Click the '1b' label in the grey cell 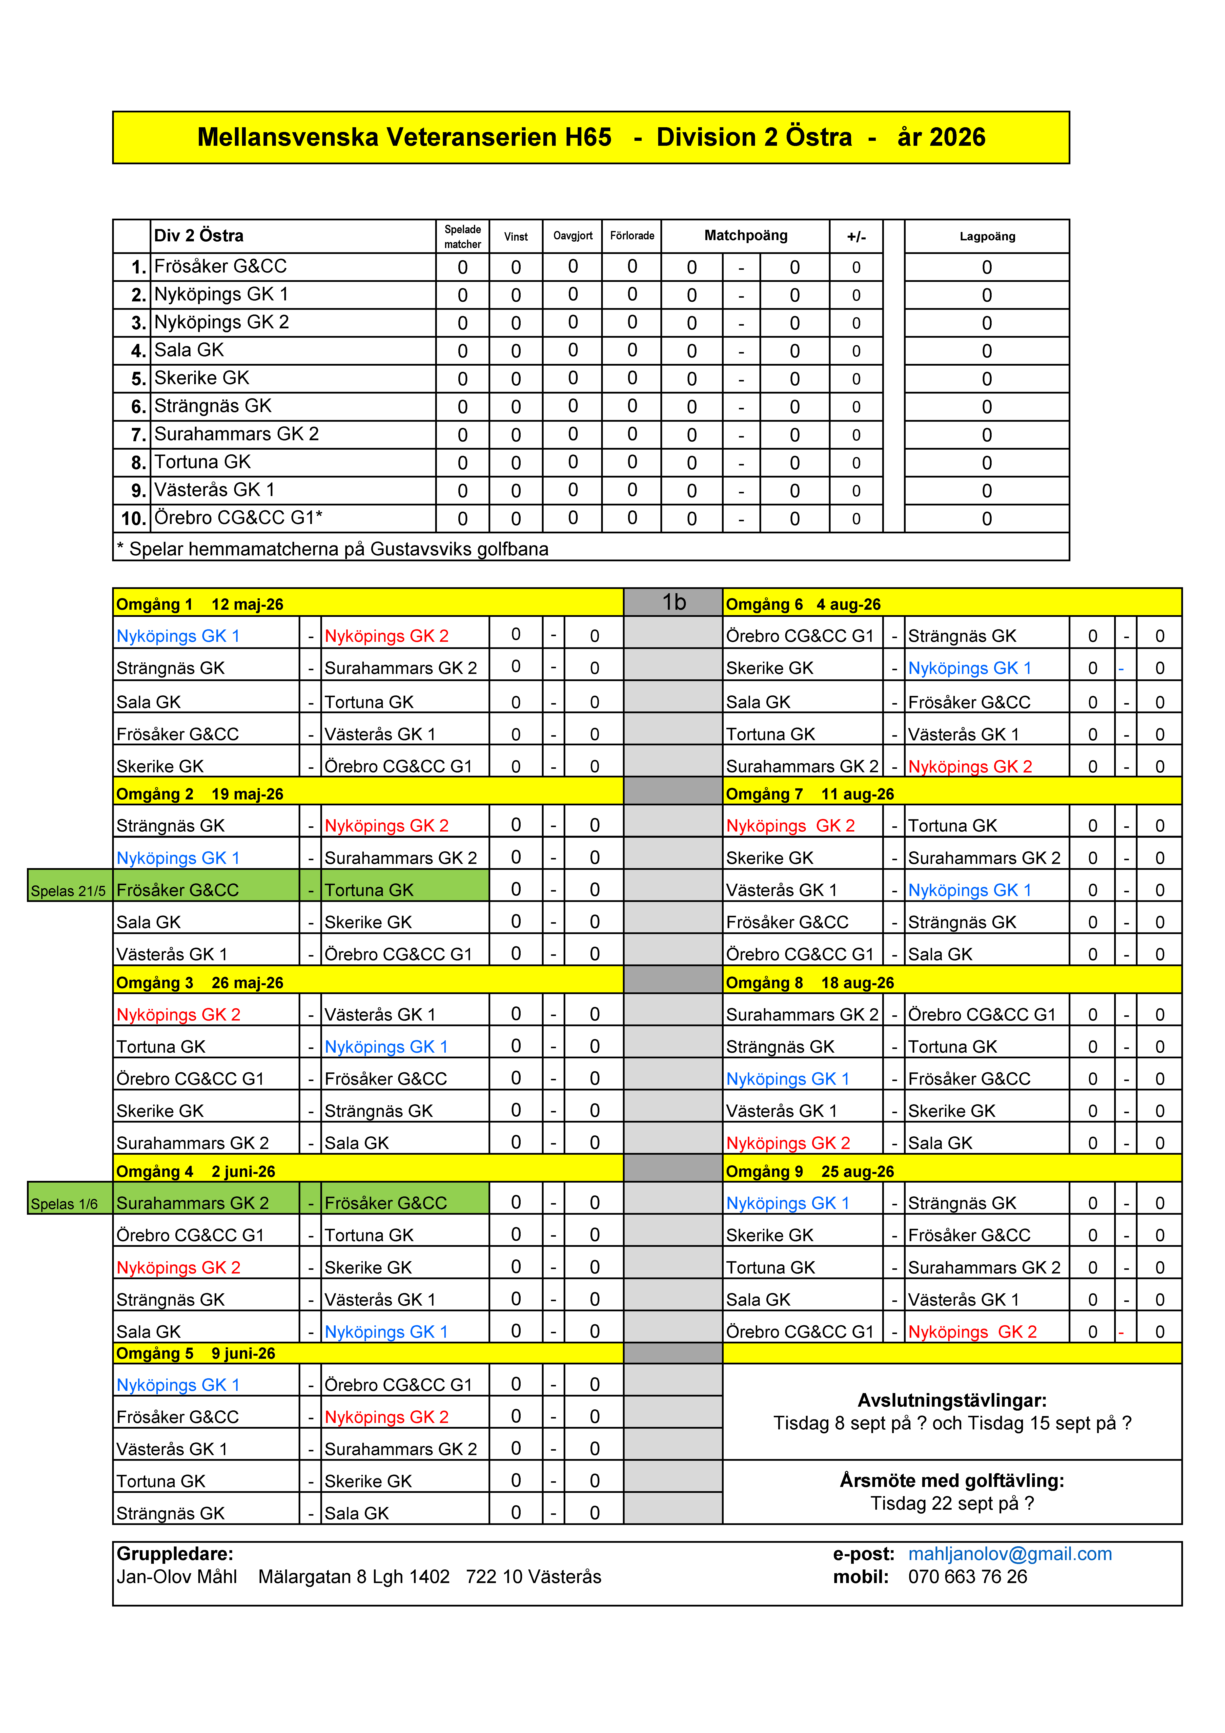point(673,602)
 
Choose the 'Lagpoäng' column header point(986,236)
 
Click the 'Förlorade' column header point(632,235)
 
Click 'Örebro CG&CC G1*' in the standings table point(239,518)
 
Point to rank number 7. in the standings point(138,435)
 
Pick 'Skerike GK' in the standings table point(202,378)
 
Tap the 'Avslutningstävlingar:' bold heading point(952,1400)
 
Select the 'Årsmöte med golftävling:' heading point(952,1480)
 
